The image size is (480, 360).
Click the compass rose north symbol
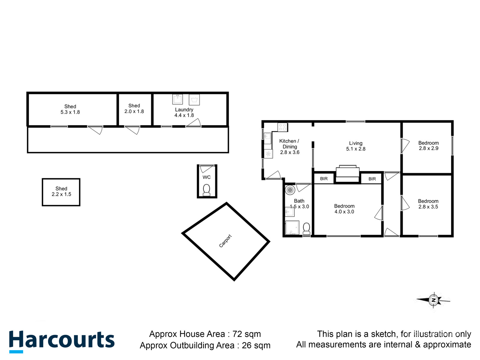pyautogui.click(x=433, y=300)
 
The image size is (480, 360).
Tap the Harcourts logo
pyautogui.click(x=62, y=341)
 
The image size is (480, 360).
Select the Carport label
pyautogui.click(x=225, y=241)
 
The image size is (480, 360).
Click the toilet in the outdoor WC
pyautogui.click(x=206, y=190)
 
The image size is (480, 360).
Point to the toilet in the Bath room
pyautogui.click(x=306, y=228)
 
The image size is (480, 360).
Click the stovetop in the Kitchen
pyautogui.click(x=282, y=127)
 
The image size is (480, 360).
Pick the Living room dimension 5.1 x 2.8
pyautogui.click(x=356, y=149)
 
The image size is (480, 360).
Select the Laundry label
pyautogui.click(x=184, y=110)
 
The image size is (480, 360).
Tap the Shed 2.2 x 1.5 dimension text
pyautogui.click(x=61, y=194)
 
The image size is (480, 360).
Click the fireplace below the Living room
pyautogui.click(x=347, y=173)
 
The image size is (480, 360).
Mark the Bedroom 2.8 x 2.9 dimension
pyautogui.click(x=428, y=148)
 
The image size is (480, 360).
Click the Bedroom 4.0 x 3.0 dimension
pyautogui.click(x=344, y=212)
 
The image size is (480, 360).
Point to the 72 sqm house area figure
pyautogui.click(x=247, y=334)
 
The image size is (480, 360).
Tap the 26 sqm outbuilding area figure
pyautogui.click(x=256, y=345)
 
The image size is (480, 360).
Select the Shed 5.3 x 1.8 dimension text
pyautogui.click(x=70, y=112)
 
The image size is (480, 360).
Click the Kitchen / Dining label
pyautogui.click(x=289, y=144)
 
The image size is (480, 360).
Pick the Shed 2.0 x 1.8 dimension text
pyautogui.click(x=134, y=112)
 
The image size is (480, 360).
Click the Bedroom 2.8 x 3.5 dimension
pyautogui.click(x=428, y=207)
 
